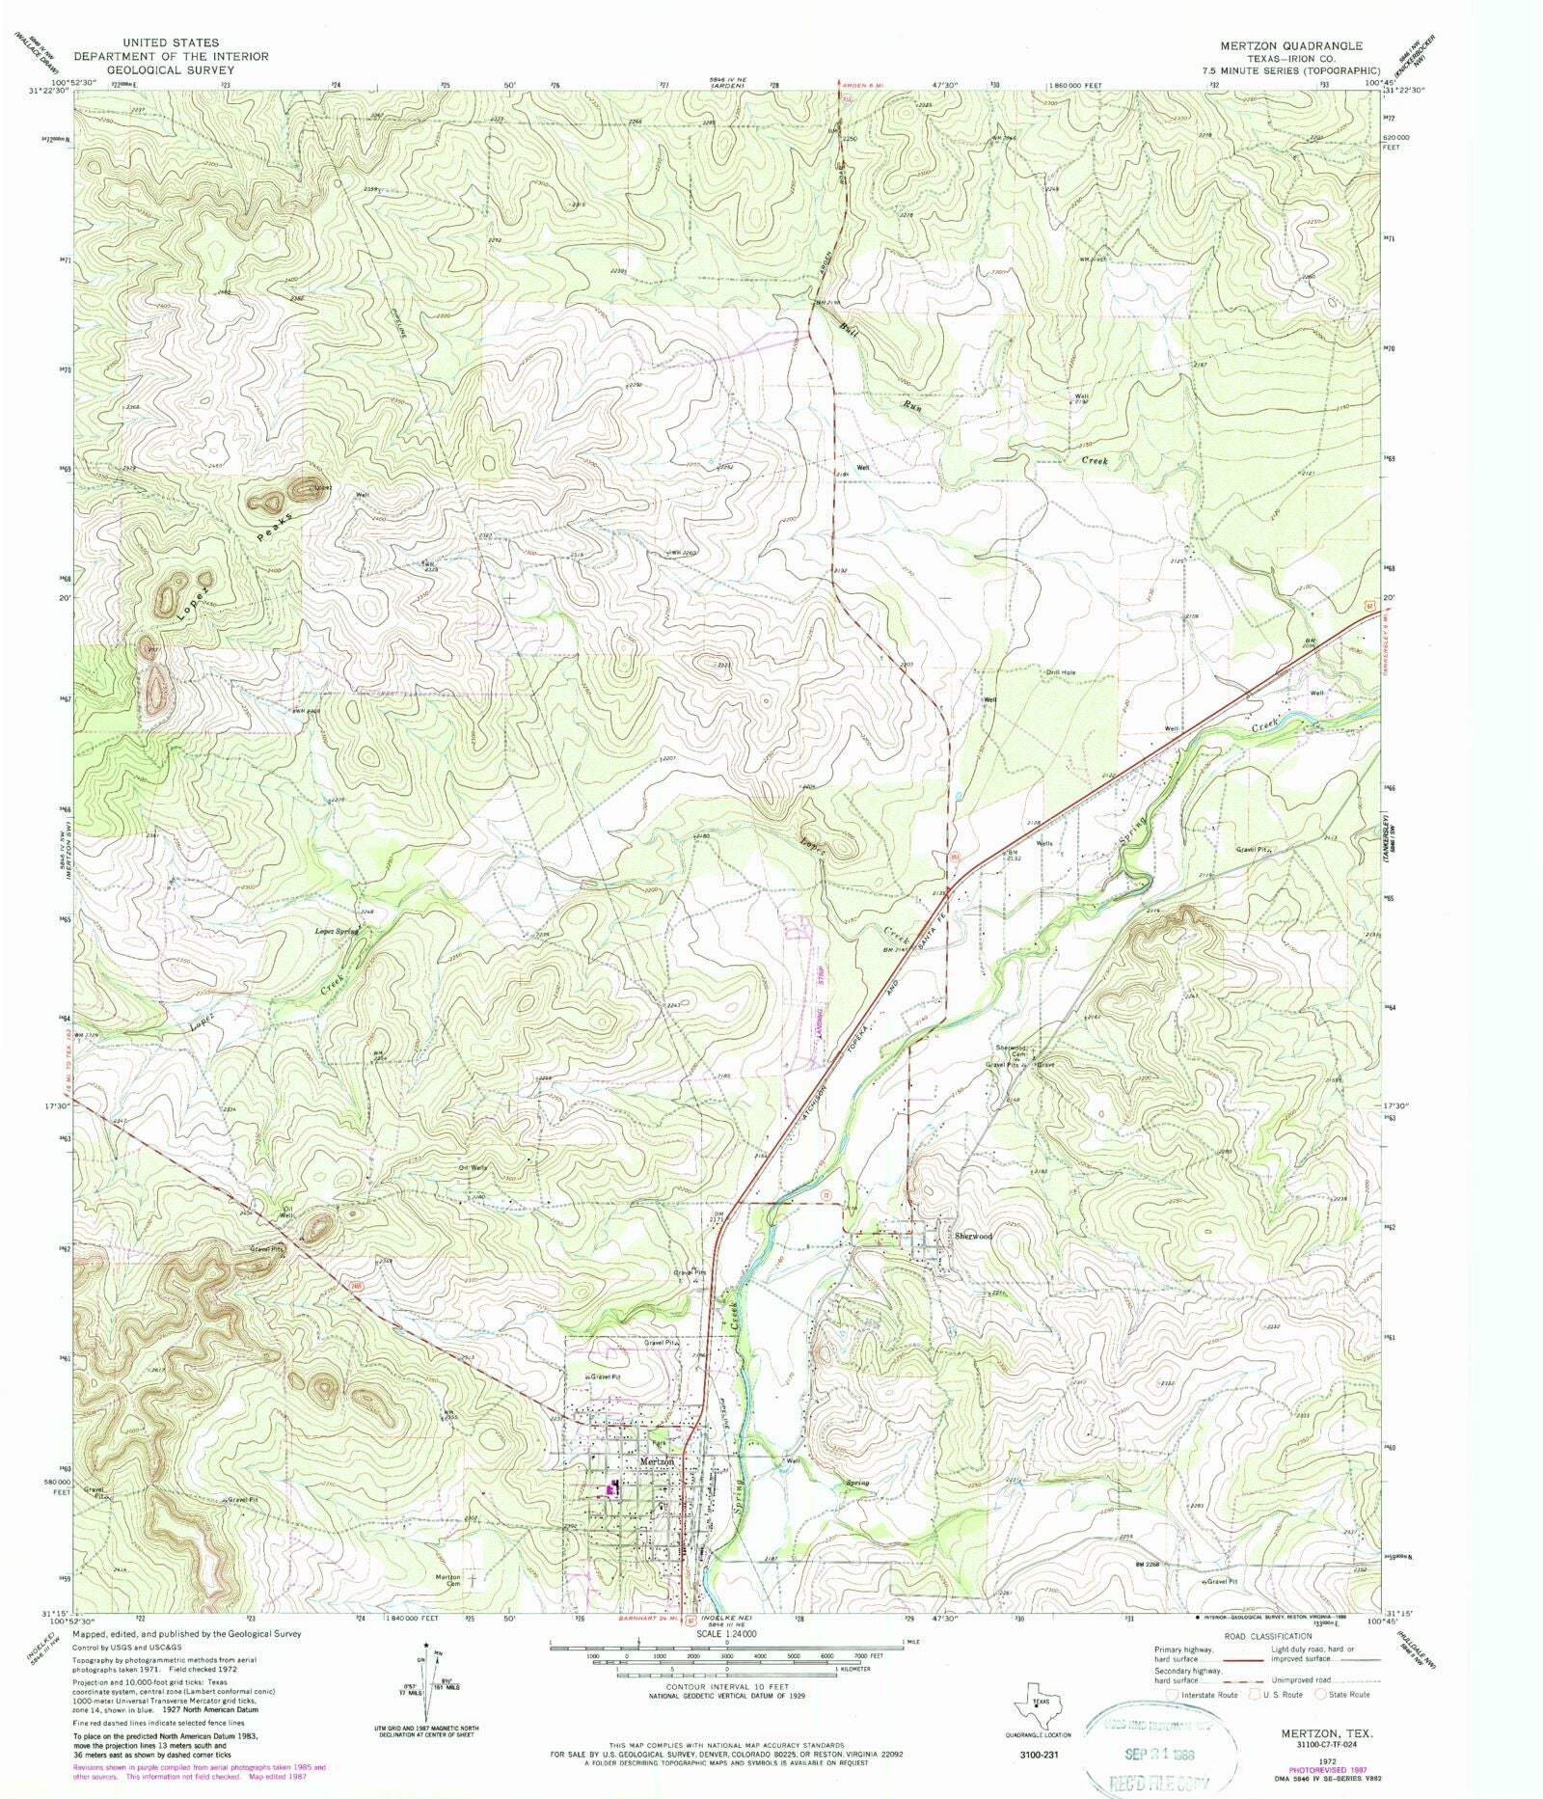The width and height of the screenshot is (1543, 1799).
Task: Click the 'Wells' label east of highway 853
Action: click(x=1044, y=843)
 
